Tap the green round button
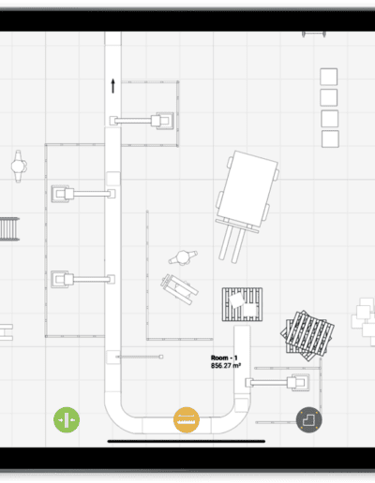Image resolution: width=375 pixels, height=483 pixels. (x=67, y=419)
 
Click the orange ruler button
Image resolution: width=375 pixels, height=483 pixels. (x=187, y=420)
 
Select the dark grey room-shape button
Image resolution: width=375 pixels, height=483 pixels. (x=309, y=419)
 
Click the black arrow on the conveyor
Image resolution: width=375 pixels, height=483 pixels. (x=113, y=86)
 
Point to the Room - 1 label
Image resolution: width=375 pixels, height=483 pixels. (x=224, y=358)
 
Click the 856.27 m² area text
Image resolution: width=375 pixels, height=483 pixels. (x=226, y=365)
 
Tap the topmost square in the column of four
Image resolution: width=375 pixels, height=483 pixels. (x=329, y=77)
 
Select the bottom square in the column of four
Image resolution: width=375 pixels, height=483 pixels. (x=330, y=139)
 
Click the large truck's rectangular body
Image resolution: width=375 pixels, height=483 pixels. (x=247, y=189)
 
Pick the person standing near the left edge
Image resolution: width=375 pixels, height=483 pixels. (x=18, y=166)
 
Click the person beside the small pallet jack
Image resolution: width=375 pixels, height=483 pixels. (x=183, y=258)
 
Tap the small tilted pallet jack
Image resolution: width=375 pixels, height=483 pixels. (x=179, y=289)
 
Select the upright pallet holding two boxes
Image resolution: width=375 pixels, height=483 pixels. (x=242, y=304)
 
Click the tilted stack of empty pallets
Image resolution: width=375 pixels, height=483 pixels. (x=307, y=336)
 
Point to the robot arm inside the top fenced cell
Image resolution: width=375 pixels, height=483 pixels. (x=142, y=121)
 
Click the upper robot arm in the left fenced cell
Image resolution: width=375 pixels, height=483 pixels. (x=83, y=194)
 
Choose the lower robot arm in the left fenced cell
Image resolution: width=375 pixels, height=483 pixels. (x=82, y=279)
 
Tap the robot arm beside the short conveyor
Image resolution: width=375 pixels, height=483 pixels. (x=277, y=382)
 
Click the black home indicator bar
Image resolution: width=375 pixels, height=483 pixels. (x=187, y=441)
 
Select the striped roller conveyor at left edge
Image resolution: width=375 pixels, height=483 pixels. (x=9, y=229)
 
